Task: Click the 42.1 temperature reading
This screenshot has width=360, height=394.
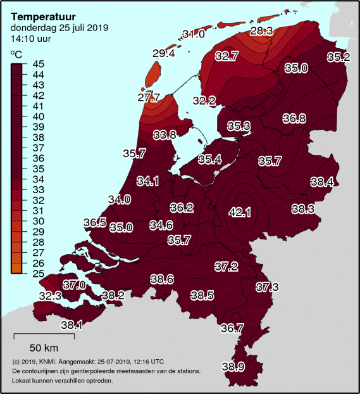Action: pyautogui.click(x=240, y=212)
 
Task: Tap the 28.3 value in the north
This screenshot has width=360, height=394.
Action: pyautogui.click(x=261, y=30)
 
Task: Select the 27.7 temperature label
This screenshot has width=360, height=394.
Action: pyautogui.click(x=149, y=98)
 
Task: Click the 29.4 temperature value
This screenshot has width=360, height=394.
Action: pyautogui.click(x=163, y=54)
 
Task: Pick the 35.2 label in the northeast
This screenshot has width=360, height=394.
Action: pyautogui.click(x=338, y=57)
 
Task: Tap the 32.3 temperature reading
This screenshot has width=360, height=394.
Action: pyautogui.click(x=50, y=296)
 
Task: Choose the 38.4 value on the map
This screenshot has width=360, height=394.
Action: pyautogui.click(x=322, y=182)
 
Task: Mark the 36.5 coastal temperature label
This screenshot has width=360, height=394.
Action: pyautogui.click(x=95, y=222)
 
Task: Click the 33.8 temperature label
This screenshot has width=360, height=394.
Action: pyautogui.click(x=164, y=134)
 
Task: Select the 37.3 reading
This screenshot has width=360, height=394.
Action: pyautogui.click(x=267, y=287)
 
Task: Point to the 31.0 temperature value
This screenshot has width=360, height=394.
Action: pyautogui.click(x=194, y=34)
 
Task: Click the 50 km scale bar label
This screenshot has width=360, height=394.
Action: pyautogui.click(x=44, y=348)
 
